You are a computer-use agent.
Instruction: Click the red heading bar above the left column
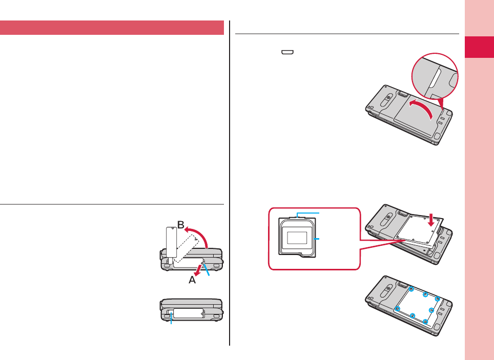[112, 28]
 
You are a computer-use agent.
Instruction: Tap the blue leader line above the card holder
[307, 212]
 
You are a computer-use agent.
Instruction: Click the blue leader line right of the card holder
[319, 239]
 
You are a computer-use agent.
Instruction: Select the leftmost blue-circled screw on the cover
[398, 308]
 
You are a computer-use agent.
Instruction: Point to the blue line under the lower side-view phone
[172, 321]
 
